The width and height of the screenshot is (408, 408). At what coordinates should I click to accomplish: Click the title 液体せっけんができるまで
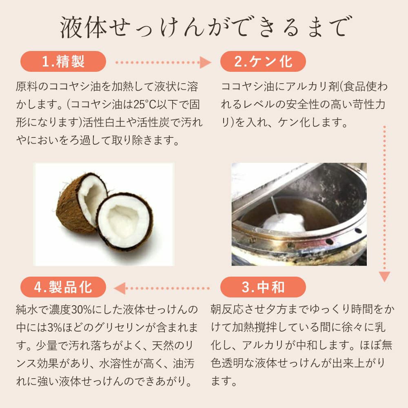point(204,28)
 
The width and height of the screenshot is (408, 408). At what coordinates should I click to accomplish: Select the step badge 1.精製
point(63,62)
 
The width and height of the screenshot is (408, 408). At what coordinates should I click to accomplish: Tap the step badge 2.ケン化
point(263,62)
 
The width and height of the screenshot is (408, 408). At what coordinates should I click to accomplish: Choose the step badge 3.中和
point(263,287)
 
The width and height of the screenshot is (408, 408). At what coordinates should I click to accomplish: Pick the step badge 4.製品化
point(63,287)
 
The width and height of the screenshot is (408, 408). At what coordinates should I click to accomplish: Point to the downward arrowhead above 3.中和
point(384,276)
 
